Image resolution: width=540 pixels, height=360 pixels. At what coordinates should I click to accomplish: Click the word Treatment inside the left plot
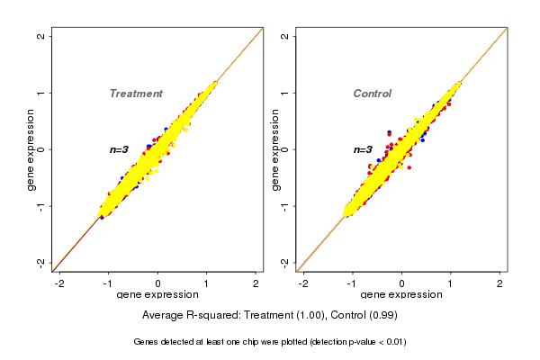tap(136, 94)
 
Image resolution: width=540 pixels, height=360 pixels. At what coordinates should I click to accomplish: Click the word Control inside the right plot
tap(373, 94)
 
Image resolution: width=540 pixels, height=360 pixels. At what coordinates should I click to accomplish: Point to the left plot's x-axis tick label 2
tap(256, 283)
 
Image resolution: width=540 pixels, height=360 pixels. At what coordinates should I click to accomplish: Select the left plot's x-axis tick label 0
tap(158, 283)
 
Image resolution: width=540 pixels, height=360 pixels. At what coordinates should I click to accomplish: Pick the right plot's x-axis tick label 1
tap(451, 283)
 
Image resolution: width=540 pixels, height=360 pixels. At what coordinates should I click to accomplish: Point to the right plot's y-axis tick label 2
tap(285, 37)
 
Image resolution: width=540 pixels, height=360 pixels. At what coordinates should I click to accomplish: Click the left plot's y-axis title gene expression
tap(31, 149)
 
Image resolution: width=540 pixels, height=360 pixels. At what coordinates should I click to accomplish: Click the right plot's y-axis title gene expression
tap(274, 149)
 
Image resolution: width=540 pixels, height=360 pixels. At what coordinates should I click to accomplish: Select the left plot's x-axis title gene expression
tap(157, 295)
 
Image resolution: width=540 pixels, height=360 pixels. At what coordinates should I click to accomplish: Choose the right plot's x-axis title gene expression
tap(401, 295)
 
